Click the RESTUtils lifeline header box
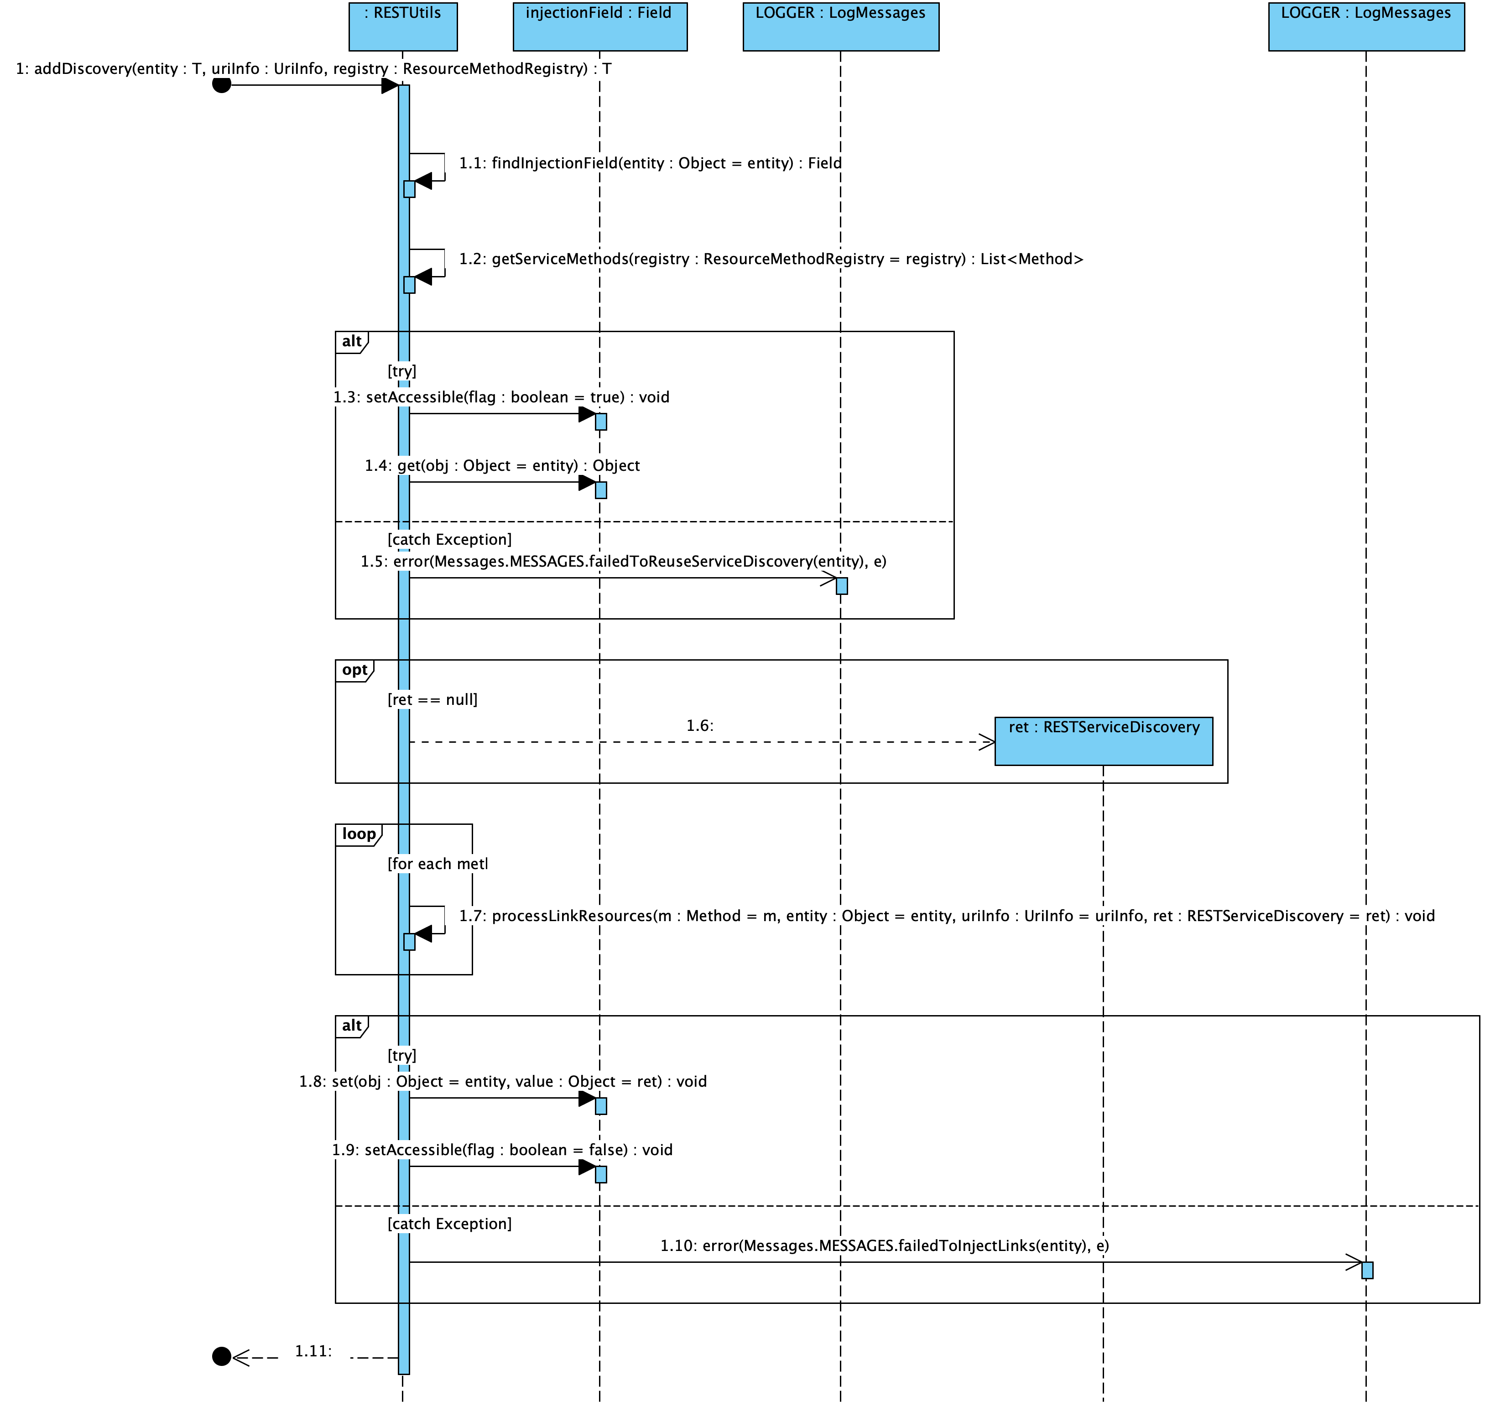[403, 26]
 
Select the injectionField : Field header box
[599, 26]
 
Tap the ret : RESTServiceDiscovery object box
[1103, 741]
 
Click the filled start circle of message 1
[221, 84]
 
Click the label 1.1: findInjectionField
[650, 163]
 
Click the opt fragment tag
[354, 670]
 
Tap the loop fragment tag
[359, 834]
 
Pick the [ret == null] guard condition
[432, 700]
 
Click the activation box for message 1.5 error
[841, 586]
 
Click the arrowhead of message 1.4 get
[587, 482]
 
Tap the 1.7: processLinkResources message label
[947, 916]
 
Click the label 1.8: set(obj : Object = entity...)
[502, 1082]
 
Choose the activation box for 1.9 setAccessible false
[601, 1174]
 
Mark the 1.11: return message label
[313, 1351]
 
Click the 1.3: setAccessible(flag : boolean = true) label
[501, 397]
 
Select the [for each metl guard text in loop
[437, 864]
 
